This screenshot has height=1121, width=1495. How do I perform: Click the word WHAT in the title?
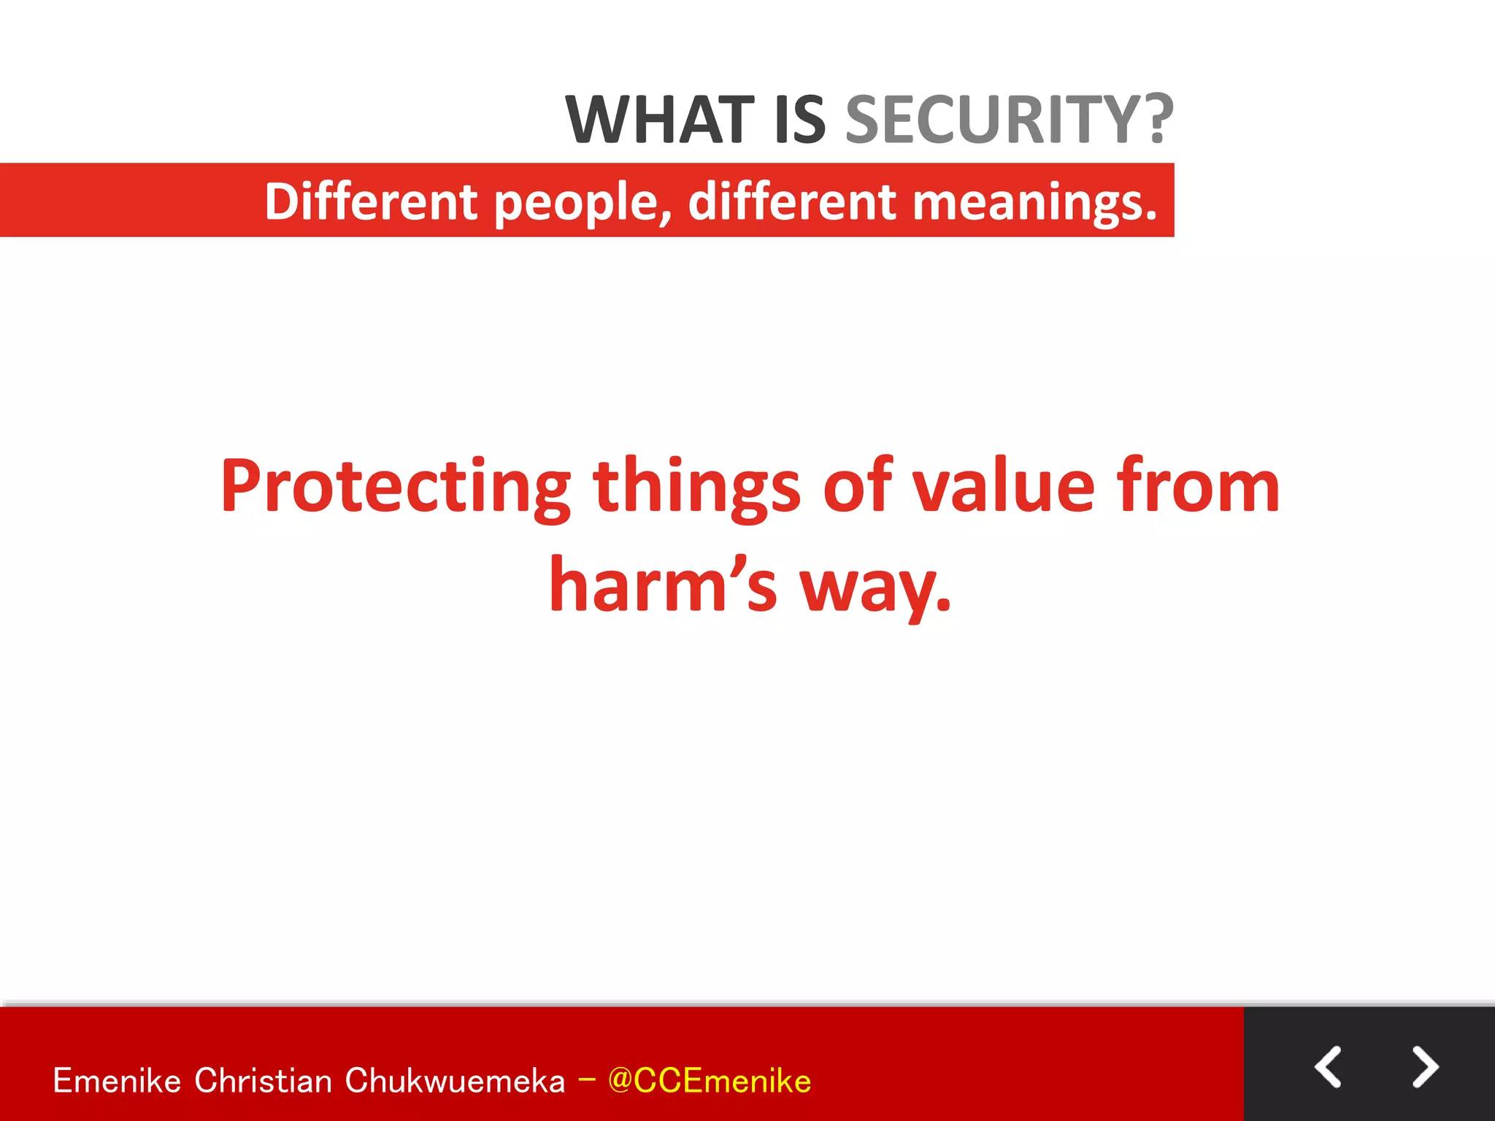(x=659, y=120)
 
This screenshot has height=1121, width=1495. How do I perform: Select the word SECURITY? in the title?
(x=1009, y=120)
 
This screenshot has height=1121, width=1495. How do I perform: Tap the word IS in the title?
(x=799, y=120)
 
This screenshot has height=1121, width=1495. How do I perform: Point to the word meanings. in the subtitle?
(x=1035, y=203)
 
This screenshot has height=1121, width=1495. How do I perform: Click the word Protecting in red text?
(x=395, y=488)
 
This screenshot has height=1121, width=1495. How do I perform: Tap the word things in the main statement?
(x=696, y=488)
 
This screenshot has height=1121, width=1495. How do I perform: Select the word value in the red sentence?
(x=1004, y=486)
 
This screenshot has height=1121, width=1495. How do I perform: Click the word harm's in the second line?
(x=663, y=585)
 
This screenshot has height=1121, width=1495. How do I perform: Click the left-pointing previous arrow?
(x=1328, y=1067)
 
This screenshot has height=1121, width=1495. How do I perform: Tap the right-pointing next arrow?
(x=1424, y=1067)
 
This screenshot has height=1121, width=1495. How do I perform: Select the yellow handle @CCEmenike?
(x=709, y=1081)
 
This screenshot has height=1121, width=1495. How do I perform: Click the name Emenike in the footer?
(x=117, y=1081)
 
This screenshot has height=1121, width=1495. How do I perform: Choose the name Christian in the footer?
(x=263, y=1081)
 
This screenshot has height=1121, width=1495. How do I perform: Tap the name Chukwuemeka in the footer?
(x=455, y=1081)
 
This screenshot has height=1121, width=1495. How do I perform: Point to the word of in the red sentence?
(x=856, y=486)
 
